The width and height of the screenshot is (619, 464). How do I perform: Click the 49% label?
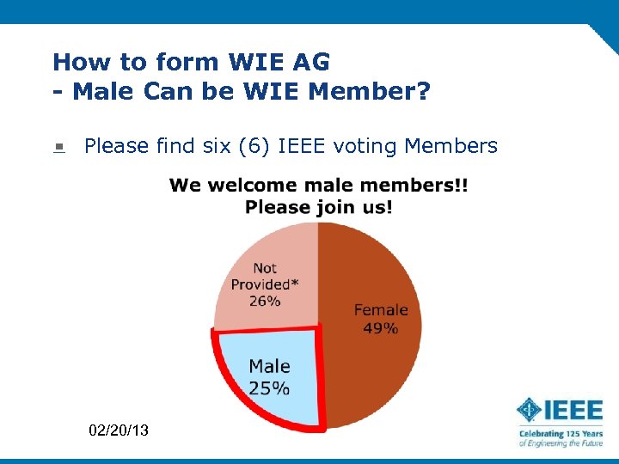tap(381, 328)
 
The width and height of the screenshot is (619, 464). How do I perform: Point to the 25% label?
tap(269, 388)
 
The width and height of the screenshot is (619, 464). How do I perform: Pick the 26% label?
tap(265, 301)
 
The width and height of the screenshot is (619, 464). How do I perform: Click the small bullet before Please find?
tap(58, 148)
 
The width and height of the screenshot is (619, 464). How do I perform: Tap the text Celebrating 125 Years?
tap(560, 434)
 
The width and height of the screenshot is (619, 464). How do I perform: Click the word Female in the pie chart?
tap(381, 309)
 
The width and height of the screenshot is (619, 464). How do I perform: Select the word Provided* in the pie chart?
tap(260, 284)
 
